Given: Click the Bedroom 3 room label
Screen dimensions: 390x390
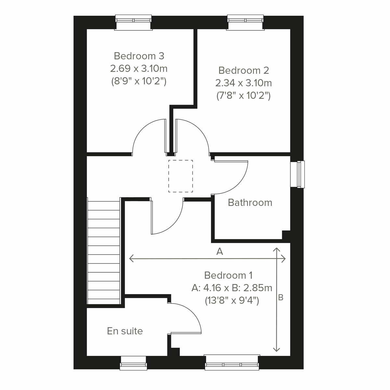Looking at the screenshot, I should point(139,56).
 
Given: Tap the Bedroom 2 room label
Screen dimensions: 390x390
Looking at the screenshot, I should point(244,70).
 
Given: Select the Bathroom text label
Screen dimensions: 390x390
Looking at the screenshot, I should point(250,202).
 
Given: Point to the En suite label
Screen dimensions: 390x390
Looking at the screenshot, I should point(125,331).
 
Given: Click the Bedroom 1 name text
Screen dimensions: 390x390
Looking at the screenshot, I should point(228,275).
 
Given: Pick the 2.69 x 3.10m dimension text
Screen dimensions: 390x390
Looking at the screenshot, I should point(139,69).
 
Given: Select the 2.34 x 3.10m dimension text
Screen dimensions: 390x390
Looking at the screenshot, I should point(244,83).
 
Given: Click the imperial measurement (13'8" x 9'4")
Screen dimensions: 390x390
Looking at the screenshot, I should point(232,301).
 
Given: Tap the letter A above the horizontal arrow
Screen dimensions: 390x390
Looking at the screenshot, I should point(220,251).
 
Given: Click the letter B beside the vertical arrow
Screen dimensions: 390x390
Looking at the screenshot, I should point(281,297).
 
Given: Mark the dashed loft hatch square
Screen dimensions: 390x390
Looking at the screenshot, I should point(180,176).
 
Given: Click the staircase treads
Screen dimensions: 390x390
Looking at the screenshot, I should point(104,252).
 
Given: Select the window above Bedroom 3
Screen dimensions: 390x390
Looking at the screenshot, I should point(134,22).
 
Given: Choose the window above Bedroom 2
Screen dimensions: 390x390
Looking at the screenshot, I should point(245,22).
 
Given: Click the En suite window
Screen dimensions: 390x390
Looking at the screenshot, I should point(133,363).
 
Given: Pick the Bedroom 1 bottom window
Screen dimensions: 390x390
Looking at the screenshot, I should point(232,363).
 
